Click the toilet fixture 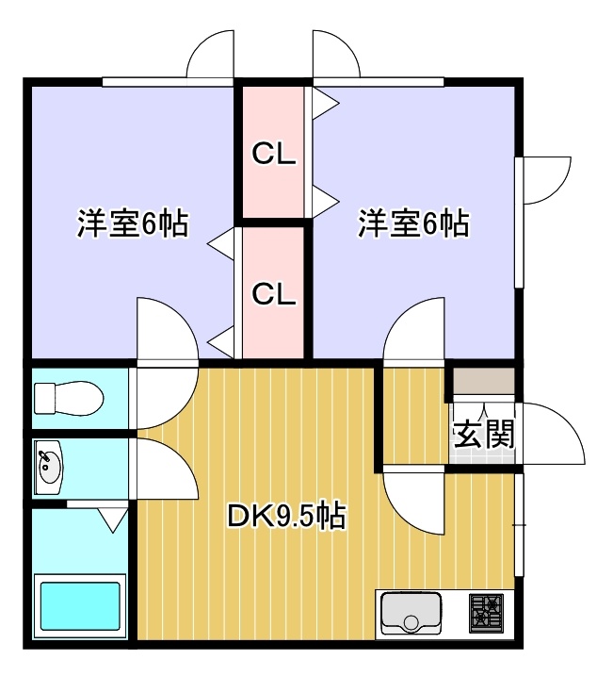[69, 398]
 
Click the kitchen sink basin [411, 614]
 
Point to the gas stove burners [486, 614]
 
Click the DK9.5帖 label [286, 517]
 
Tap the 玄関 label [484, 434]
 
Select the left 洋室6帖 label [133, 223]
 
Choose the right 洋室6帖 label [414, 223]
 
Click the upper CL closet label [274, 154]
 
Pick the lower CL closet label [274, 294]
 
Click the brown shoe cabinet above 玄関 [484, 381]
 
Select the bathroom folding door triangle [113, 519]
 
